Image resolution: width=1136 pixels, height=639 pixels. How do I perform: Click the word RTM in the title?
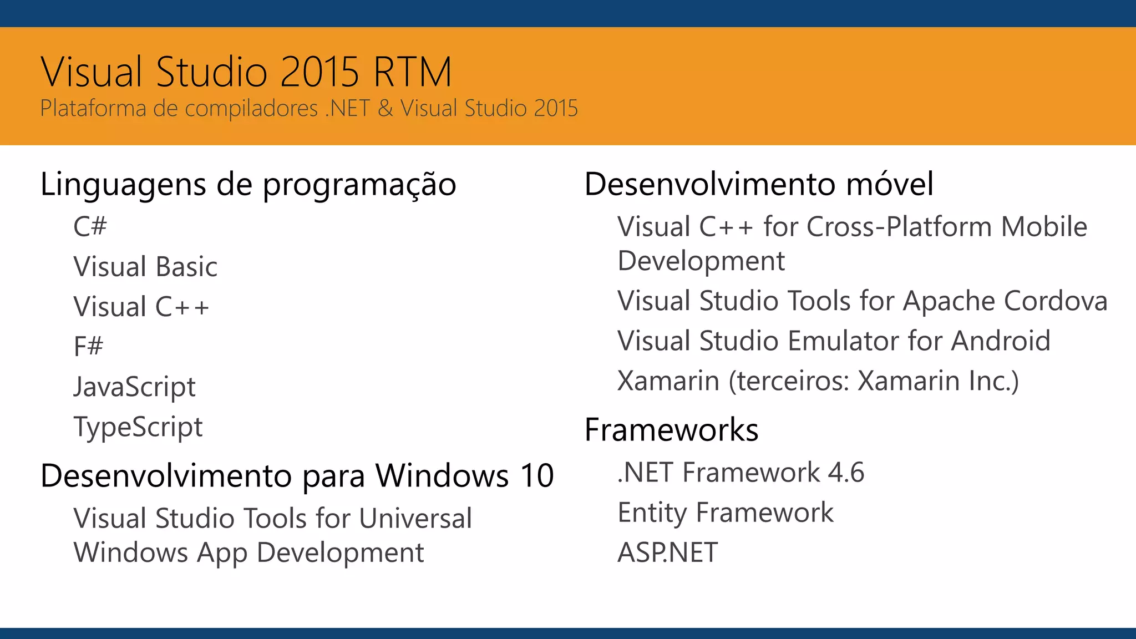[x=413, y=73]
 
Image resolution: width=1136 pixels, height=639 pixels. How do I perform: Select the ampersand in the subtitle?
[x=385, y=108]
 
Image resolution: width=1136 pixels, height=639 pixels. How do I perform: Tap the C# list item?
[x=90, y=226]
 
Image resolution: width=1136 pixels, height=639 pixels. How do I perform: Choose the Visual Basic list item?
[x=145, y=267]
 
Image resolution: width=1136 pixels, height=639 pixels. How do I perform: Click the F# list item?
[x=88, y=347]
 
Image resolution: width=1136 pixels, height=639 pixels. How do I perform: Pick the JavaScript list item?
[x=135, y=387]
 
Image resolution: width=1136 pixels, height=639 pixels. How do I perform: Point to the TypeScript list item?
[x=138, y=427]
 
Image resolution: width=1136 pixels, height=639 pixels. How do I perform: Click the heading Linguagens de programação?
[x=248, y=185]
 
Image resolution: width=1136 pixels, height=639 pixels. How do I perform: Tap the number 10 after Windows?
[x=537, y=476]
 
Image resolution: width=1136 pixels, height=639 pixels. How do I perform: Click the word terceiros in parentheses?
[x=790, y=381]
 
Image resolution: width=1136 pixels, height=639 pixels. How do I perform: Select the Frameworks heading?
[x=671, y=430]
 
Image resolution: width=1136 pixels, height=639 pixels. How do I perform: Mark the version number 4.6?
[x=846, y=473]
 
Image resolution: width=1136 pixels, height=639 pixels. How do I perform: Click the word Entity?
[x=652, y=513]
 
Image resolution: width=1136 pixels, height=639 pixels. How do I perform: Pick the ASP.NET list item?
[x=668, y=552]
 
